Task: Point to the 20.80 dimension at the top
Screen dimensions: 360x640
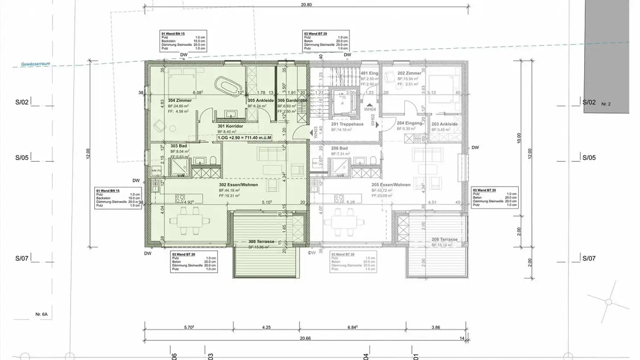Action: pyautogui.click(x=306, y=5)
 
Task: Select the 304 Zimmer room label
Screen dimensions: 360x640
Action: pyautogui.click(x=180, y=100)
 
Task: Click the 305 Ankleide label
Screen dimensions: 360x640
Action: pyautogui.click(x=260, y=100)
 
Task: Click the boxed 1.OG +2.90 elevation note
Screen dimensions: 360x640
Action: pyautogui.click(x=244, y=138)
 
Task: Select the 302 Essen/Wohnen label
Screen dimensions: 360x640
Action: pyautogui.click(x=238, y=184)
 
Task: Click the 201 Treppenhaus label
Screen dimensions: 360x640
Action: pyautogui.click(x=347, y=124)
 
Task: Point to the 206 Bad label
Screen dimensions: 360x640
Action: pyautogui.click(x=339, y=148)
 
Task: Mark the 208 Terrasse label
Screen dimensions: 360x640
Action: pyautogui.click(x=444, y=239)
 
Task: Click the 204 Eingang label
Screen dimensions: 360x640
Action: pyautogui.click(x=409, y=123)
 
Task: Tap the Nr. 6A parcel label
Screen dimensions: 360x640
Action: pyautogui.click(x=41, y=314)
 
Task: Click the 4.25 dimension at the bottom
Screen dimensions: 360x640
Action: pyautogui.click(x=266, y=327)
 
